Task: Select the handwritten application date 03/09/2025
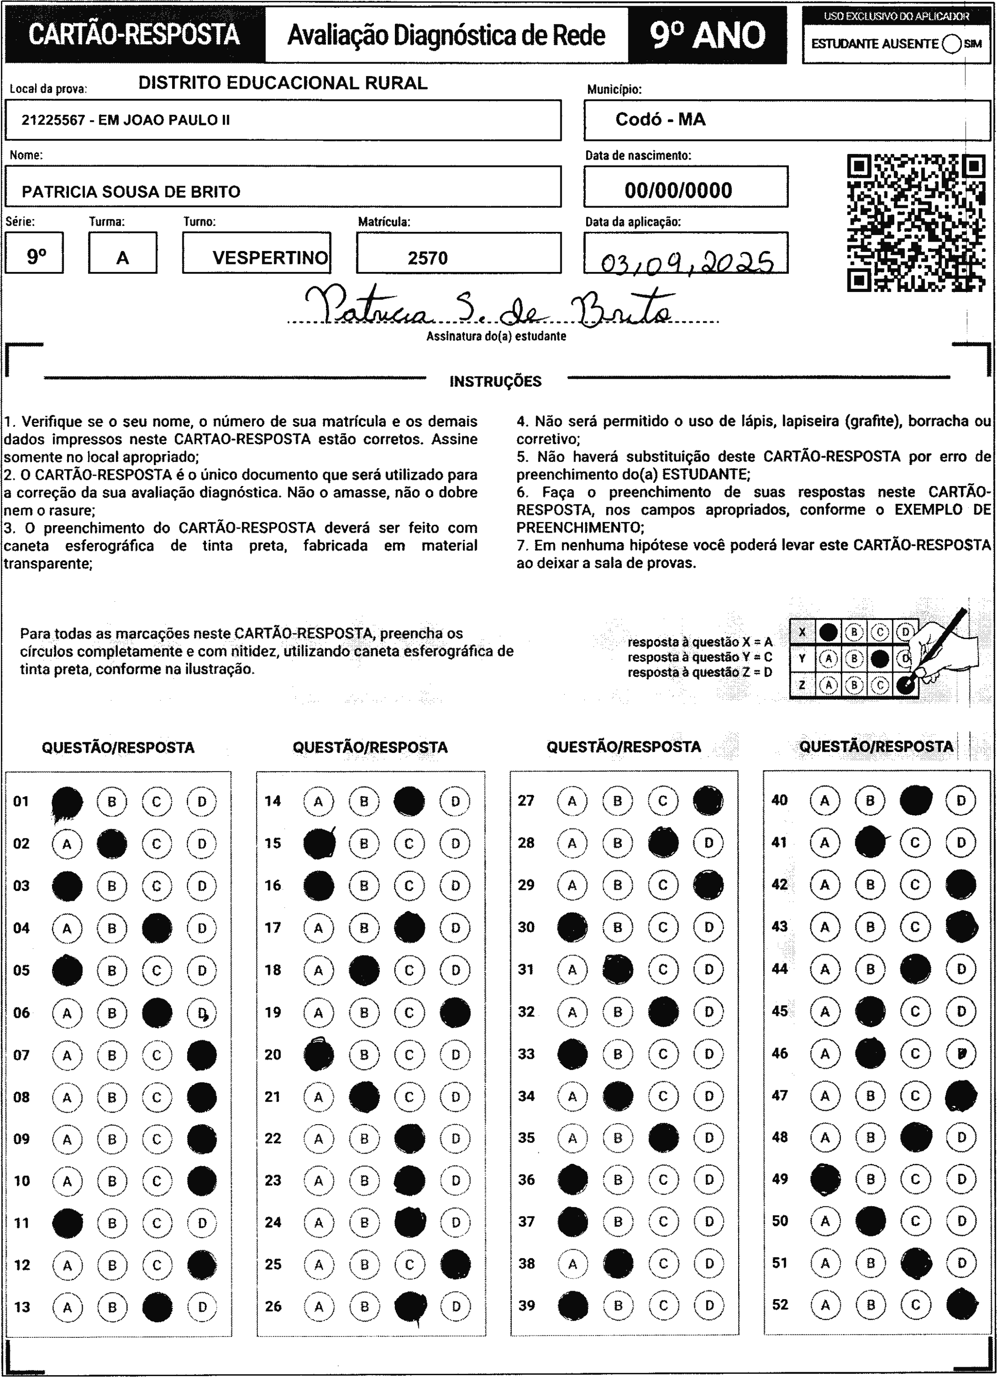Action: coord(686,262)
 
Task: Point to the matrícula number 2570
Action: coord(428,258)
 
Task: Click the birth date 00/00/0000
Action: coord(679,190)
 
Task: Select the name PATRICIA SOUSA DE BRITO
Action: coord(131,192)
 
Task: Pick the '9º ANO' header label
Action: coord(708,35)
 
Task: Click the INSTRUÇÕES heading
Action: coord(495,382)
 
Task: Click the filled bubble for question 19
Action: coord(455,1012)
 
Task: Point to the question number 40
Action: coord(780,800)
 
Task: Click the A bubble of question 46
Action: coord(824,1053)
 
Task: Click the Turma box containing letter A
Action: coord(123,253)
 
